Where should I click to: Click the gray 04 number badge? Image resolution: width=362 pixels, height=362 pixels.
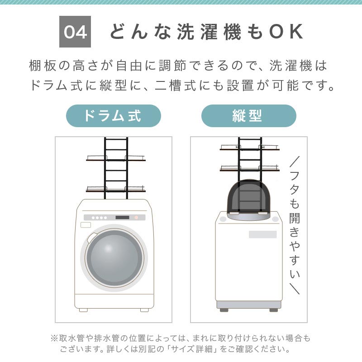(75, 32)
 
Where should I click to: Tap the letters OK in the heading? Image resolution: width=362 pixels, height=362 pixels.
(286, 32)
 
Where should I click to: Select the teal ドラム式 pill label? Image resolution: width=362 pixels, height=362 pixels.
(114, 116)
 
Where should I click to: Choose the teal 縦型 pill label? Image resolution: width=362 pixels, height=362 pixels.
(248, 116)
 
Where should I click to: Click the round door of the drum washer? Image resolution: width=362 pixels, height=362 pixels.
(114, 258)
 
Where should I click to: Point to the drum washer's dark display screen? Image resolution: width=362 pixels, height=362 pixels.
(122, 218)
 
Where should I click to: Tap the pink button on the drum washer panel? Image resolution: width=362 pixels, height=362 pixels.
(136, 218)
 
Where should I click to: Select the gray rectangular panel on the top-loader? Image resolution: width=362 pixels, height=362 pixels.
(263, 234)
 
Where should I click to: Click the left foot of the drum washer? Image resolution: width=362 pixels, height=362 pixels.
(83, 310)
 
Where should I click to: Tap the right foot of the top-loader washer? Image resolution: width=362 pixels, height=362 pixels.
(274, 310)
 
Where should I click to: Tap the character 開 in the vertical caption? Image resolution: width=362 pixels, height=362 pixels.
(295, 218)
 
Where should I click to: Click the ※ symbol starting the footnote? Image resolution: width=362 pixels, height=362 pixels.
(54, 338)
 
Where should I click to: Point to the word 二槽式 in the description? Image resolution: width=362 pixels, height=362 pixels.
(176, 86)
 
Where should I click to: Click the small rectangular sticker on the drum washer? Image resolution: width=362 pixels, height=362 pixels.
(86, 225)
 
